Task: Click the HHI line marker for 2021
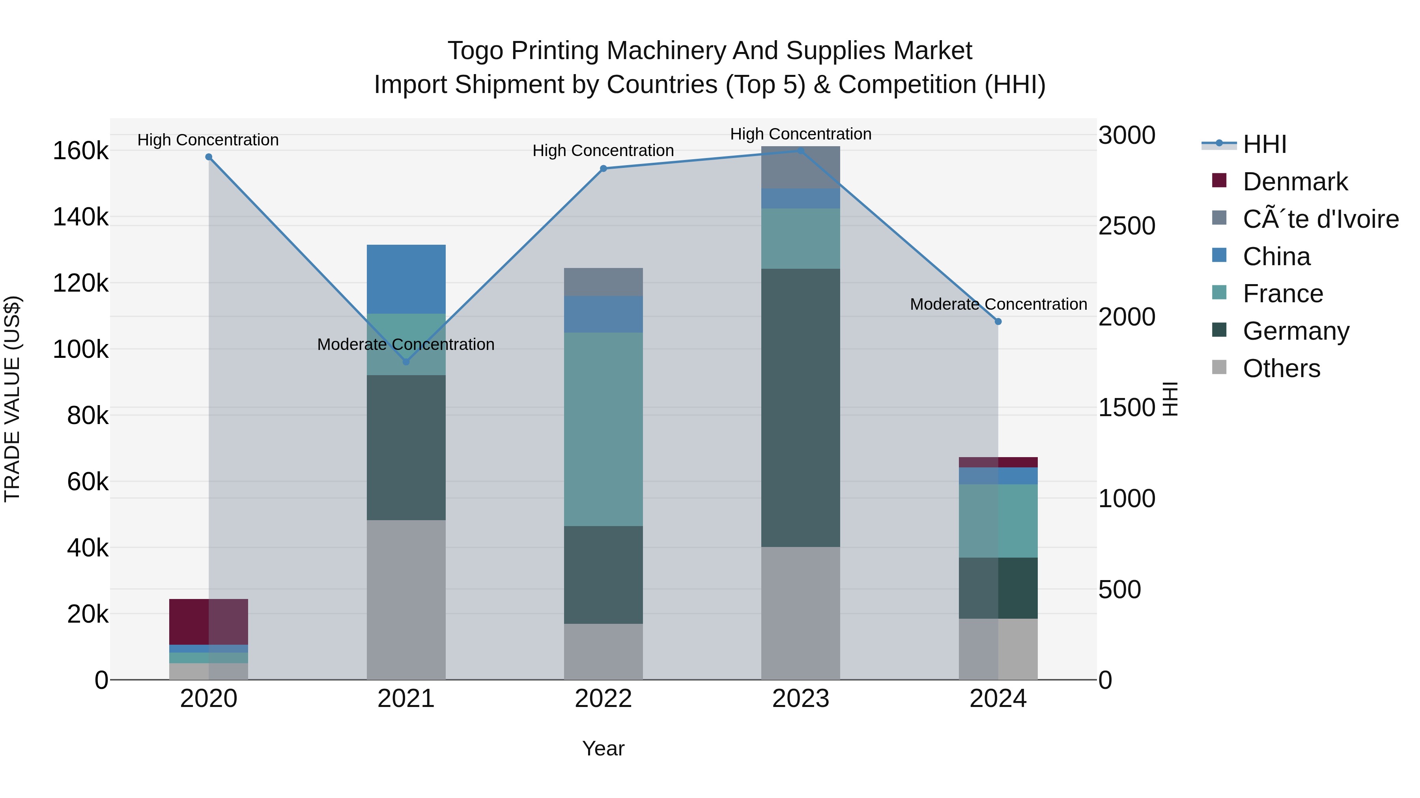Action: pos(406,362)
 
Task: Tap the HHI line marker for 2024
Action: pos(998,322)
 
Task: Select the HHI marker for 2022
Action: pos(603,169)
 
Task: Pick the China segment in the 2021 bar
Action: pos(406,279)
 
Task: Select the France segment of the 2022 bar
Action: pos(603,429)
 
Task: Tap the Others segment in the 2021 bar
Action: pos(406,600)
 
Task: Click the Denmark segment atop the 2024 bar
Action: pos(998,462)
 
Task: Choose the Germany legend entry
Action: pos(1295,331)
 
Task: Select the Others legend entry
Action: pos(1281,368)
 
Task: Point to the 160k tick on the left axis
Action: pos(80,151)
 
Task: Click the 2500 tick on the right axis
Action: pos(1127,226)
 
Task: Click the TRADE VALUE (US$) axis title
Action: pos(13,399)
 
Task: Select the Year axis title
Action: pos(603,748)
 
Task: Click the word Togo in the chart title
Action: pos(475,51)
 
